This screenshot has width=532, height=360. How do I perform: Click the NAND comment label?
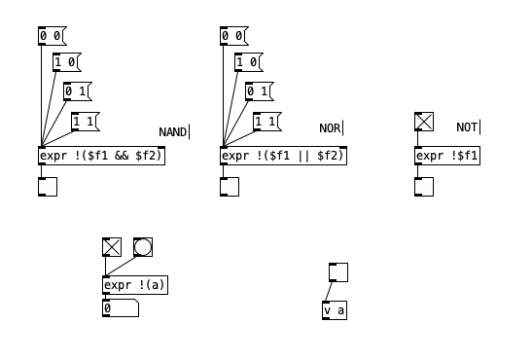click(173, 132)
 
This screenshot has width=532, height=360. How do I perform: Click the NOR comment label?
click(331, 128)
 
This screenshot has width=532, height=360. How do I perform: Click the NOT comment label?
click(467, 127)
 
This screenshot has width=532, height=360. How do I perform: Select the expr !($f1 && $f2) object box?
click(101, 156)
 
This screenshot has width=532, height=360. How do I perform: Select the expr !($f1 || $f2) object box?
click(283, 156)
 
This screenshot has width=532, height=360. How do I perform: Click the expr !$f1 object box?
click(447, 156)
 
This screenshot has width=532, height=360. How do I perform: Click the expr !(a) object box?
click(135, 285)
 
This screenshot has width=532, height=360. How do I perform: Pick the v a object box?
click(335, 311)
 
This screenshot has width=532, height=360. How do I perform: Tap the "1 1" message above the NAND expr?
click(85, 122)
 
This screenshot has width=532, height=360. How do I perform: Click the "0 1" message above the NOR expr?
click(260, 92)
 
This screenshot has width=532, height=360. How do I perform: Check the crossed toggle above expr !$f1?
click(424, 122)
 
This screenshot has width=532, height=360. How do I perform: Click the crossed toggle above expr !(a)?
click(112, 246)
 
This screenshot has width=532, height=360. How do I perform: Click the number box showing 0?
click(120, 308)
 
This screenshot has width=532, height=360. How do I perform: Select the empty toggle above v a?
click(338, 272)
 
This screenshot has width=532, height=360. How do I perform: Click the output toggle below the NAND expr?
click(48, 187)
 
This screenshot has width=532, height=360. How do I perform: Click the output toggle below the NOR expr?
click(230, 187)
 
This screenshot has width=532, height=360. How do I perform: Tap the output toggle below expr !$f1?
click(424, 187)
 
